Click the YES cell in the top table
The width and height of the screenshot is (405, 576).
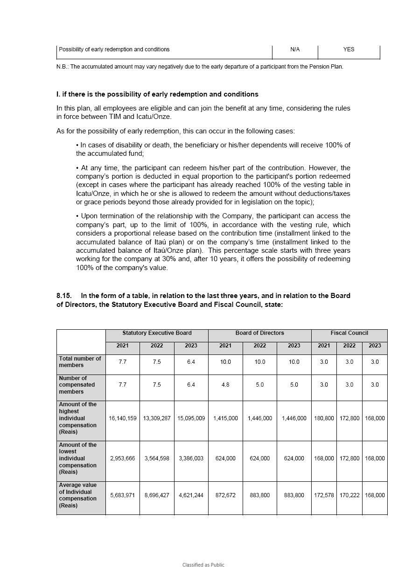[349, 49]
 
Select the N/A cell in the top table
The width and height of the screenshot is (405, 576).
[295, 49]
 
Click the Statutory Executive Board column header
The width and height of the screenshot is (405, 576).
[157, 333]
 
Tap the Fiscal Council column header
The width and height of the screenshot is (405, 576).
[349, 333]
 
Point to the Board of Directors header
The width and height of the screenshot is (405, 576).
[259, 333]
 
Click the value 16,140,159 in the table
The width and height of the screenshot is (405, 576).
[123, 418]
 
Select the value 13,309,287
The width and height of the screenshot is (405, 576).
[157, 418]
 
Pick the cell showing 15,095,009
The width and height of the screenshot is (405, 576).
[191, 418]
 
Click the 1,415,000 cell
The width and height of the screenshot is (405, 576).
[225, 418]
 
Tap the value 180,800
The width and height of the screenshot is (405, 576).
[324, 418]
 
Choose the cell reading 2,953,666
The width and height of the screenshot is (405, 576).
[123, 458]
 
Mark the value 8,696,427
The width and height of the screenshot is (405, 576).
[157, 495]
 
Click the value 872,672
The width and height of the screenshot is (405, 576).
[225, 495]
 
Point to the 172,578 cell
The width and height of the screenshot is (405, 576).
[324, 495]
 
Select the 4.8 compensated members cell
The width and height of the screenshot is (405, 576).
[225, 385]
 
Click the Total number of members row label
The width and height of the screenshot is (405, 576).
[80, 362]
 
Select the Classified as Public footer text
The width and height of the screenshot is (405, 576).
[203, 565]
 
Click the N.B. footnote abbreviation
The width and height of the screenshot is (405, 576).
[62, 67]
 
